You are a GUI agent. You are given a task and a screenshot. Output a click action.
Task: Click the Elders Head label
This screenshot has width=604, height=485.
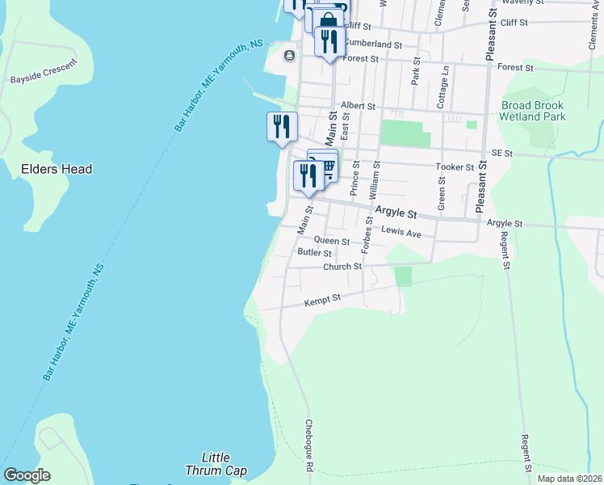[x=57, y=169]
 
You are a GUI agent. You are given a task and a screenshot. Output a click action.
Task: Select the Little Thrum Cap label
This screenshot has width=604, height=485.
[x=216, y=464]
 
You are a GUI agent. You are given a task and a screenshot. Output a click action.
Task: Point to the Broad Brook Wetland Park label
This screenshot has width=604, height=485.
[x=533, y=111]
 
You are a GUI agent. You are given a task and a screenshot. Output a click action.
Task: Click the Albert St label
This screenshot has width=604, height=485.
[x=358, y=106]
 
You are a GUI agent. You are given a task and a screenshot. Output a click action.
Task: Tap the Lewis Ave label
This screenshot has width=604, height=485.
[x=401, y=233]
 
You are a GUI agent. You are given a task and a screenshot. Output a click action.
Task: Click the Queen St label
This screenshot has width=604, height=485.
[x=331, y=241]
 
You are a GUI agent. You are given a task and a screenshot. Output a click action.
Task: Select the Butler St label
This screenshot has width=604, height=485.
[x=314, y=253]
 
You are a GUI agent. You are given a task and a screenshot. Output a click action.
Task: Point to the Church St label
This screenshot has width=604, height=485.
[x=342, y=267]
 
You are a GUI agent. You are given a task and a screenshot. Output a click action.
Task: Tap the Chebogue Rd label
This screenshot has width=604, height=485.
[x=308, y=445]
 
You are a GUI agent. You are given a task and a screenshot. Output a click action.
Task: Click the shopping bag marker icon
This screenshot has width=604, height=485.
[x=328, y=20]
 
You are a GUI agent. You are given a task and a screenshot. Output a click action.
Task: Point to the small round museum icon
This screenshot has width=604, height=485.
[x=289, y=55]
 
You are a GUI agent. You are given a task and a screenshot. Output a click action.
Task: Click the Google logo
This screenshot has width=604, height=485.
[x=27, y=475]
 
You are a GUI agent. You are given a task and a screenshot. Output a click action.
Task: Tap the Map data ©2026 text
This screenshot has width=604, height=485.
[x=569, y=479]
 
